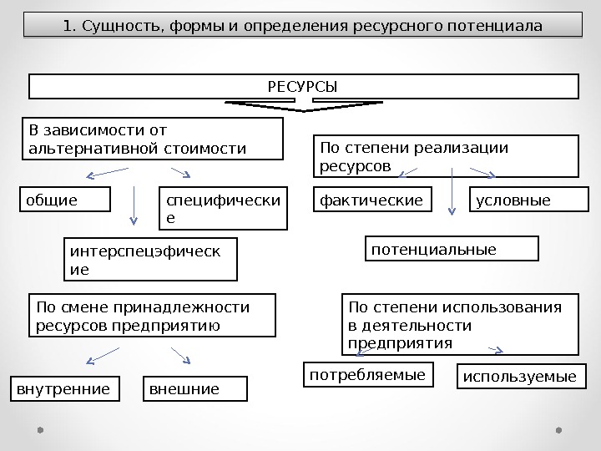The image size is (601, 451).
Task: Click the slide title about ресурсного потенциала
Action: pyautogui.click(x=302, y=26)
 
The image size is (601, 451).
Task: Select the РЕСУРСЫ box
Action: pyautogui.click(x=304, y=87)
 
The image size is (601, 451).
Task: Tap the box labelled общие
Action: pyautogui.click(x=65, y=200)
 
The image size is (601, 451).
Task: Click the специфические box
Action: pyautogui.click(x=223, y=209)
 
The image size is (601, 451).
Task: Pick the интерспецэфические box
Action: pyautogui.click(x=150, y=259)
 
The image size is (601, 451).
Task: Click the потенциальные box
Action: pyautogui.click(x=452, y=249)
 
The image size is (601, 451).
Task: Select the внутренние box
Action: pyautogui.click(x=63, y=389)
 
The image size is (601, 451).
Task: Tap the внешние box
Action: pyautogui.click(x=197, y=389)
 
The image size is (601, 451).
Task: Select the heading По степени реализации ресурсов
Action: pyautogui.click(x=446, y=157)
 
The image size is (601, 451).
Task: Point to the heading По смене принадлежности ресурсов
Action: pyautogui.click(x=152, y=315)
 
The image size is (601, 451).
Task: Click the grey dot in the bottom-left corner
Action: pyautogui.click(x=40, y=431)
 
